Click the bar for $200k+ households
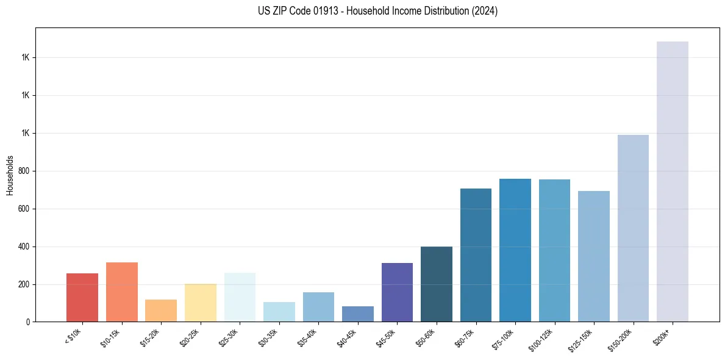click(x=672, y=182)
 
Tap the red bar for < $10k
click(x=82, y=297)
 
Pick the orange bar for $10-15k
click(x=121, y=292)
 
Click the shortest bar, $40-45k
click(x=358, y=314)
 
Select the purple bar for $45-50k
click(x=397, y=292)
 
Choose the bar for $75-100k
click(x=515, y=250)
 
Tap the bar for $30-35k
click(x=279, y=312)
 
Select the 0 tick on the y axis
click(x=28, y=322)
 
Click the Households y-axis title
click(x=10, y=175)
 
